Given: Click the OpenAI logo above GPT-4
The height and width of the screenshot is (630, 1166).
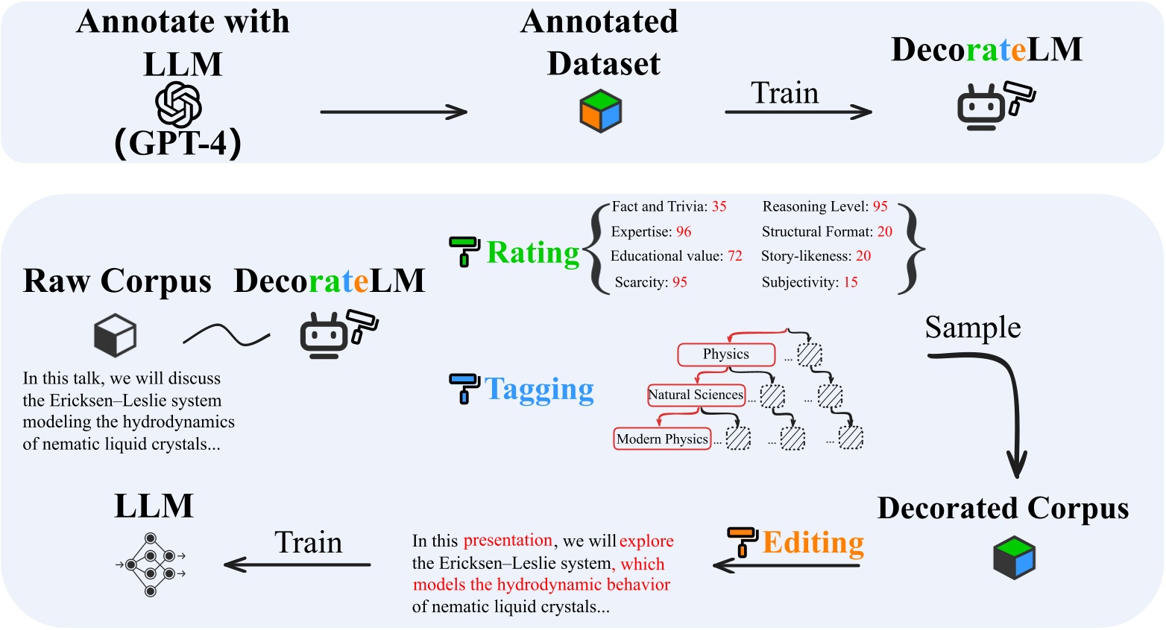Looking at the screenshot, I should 179,105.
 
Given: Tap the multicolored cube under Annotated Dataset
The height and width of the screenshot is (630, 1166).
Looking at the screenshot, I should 600,111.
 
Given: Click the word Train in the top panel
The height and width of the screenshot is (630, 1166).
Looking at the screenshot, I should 784,93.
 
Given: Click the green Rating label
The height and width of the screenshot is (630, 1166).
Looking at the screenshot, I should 532,253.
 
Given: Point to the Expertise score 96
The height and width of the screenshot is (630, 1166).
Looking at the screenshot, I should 684,232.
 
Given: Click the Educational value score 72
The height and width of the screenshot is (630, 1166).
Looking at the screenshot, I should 735,256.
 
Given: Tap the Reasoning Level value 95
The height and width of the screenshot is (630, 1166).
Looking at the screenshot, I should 880,206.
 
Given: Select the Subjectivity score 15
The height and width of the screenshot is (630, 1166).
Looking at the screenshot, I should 851,282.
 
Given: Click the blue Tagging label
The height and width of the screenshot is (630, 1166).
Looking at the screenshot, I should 539,389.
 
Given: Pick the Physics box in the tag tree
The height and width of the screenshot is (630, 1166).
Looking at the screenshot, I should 725,354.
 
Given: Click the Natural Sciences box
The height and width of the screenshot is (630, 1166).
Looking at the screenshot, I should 696,395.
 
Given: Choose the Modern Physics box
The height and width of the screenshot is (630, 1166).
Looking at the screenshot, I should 662,439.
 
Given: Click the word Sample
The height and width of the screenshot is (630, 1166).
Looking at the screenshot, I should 973,328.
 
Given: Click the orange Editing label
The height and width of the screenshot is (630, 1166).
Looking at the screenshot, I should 813,542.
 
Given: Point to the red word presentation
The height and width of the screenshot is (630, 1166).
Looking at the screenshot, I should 508,541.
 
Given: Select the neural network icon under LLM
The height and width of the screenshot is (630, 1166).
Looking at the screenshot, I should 151,565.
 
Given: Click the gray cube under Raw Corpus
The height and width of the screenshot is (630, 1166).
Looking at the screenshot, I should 115,335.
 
